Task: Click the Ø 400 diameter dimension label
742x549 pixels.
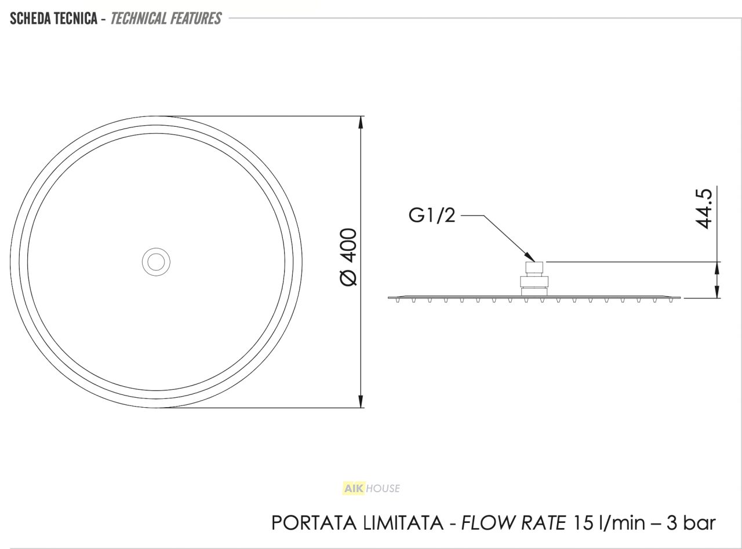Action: pyautogui.click(x=348, y=257)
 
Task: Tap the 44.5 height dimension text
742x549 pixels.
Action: pyautogui.click(x=704, y=209)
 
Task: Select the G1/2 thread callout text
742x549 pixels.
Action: pyautogui.click(x=432, y=215)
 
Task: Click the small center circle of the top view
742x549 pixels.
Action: pyautogui.click(x=156, y=262)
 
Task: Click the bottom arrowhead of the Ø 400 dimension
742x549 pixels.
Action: pyautogui.click(x=361, y=401)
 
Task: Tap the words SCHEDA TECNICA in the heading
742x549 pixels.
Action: pyautogui.click(x=53, y=19)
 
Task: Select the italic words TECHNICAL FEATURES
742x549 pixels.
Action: pyautogui.click(x=166, y=19)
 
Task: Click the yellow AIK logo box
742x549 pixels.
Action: pyautogui.click(x=353, y=489)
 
